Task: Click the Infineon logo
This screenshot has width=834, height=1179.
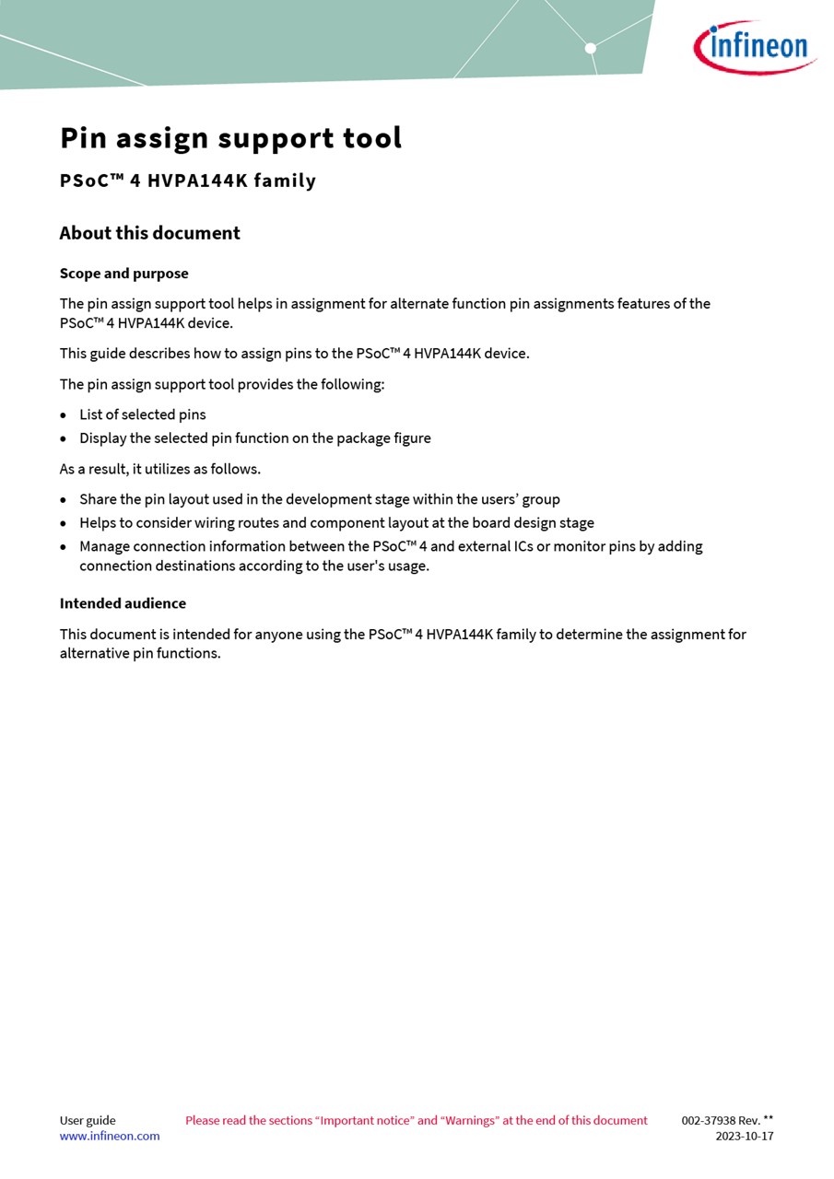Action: (x=755, y=47)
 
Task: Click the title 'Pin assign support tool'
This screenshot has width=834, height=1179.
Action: (x=231, y=138)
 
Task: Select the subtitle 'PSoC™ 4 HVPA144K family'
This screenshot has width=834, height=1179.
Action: (x=188, y=181)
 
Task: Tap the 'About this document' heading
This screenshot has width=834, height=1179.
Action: (x=149, y=233)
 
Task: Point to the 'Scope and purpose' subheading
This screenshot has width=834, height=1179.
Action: (x=123, y=274)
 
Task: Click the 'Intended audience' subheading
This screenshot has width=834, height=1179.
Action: (x=123, y=603)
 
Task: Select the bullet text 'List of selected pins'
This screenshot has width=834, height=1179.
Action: (x=143, y=414)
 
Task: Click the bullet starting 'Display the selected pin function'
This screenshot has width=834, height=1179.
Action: (x=255, y=438)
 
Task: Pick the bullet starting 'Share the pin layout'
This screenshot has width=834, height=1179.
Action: (x=320, y=499)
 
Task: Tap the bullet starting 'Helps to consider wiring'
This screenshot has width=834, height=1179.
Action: (x=336, y=523)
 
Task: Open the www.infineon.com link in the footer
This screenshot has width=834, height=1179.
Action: (x=110, y=1137)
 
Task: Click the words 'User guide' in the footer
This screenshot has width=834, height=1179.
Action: (x=88, y=1121)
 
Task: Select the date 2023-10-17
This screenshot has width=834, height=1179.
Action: (x=745, y=1137)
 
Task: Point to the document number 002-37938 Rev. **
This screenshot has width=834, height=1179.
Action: (x=727, y=1121)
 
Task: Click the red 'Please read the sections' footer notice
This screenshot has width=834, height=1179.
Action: (x=417, y=1121)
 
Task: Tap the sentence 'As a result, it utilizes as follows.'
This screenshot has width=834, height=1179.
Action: (x=160, y=469)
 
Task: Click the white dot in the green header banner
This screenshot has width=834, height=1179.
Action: (x=591, y=48)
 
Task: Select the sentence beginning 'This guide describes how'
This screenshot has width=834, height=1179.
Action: (x=295, y=354)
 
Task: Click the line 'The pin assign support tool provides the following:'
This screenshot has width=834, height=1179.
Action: (x=222, y=384)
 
